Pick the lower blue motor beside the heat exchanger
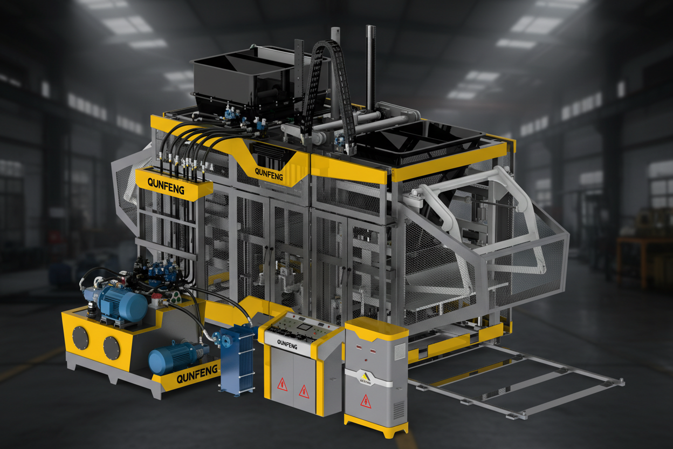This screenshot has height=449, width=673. click(171, 357)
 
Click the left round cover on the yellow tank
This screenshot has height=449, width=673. click(81, 338)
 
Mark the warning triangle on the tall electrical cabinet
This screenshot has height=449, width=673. click(366, 400)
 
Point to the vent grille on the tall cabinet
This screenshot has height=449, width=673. click(399, 410)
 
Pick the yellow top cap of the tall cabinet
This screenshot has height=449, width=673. click(376, 327)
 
